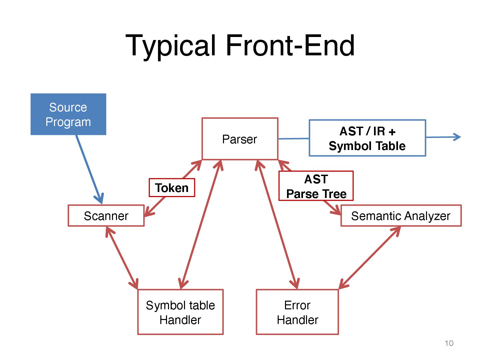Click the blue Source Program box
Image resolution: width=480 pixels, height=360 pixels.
tap(68, 114)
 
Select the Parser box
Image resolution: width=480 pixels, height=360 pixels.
tap(240, 139)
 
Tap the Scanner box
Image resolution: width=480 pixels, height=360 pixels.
tap(106, 216)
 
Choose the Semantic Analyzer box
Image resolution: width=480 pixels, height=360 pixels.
tap(401, 216)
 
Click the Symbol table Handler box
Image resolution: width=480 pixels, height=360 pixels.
tap(180, 312)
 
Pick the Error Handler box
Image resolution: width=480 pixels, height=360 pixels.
tap(297, 312)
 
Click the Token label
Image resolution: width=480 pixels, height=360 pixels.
tap(172, 188)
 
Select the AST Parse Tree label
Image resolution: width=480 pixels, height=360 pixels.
tap(316, 186)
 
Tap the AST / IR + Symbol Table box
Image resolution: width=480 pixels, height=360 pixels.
tap(367, 138)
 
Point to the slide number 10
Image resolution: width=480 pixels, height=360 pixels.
tap(449, 343)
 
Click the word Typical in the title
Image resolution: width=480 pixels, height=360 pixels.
tap(171, 45)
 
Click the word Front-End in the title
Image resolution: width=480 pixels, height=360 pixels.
tap(290, 45)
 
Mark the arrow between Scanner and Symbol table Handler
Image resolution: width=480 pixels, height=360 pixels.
tap(122, 257)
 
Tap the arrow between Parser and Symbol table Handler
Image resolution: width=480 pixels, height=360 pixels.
tap(201, 224)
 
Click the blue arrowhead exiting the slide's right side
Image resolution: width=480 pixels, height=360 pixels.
tap(456, 137)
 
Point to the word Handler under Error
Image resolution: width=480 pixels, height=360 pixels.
tap(297, 320)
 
